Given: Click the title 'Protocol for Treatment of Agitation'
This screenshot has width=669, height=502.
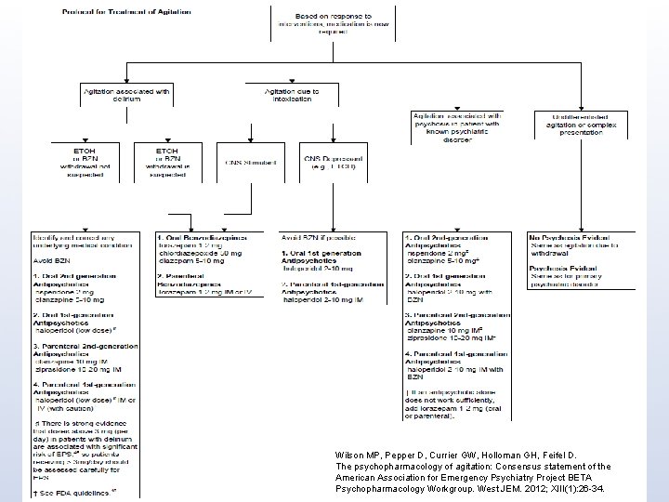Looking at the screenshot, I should (113, 12).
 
